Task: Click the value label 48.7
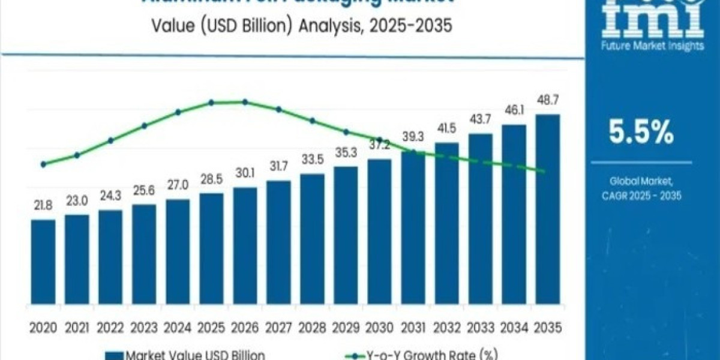[x=547, y=100]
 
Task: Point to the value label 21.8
[x=43, y=205]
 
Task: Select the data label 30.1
[x=245, y=173]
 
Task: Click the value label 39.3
[x=413, y=137]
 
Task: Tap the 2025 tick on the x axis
[x=211, y=328]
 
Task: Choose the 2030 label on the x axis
[x=379, y=328]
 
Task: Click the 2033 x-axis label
[x=480, y=328]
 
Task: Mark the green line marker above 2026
[x=245, y=102]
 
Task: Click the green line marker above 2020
[x=43, y=164]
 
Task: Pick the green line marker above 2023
[x=144, y=125]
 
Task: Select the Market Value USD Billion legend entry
[x=186, y=355]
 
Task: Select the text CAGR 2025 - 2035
[x=641, y=196]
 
